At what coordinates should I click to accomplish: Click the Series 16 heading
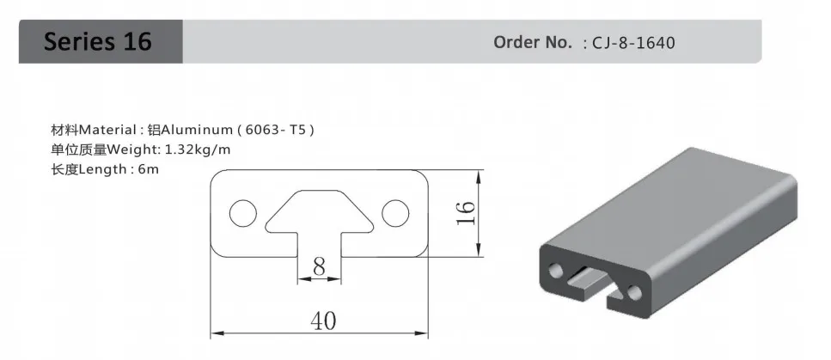coord(97,41)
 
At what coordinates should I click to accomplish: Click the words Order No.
coord(533,42)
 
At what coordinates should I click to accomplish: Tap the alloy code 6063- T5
coord(276,130)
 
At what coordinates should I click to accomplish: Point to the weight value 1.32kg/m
coord(199,149)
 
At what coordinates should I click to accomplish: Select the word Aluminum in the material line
coord(197,130)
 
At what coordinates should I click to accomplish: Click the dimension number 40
coord(323,320)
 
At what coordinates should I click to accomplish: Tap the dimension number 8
coord(319,266)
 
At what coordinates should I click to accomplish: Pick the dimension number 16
coord(466,213)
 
